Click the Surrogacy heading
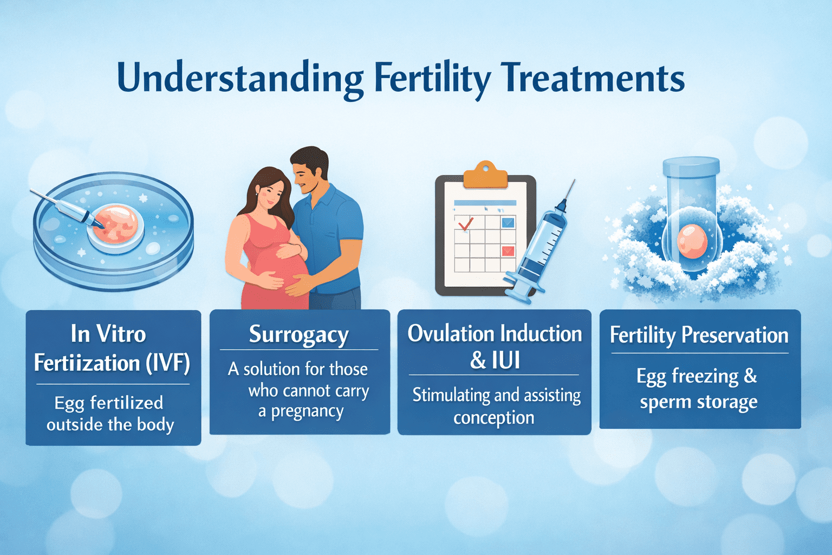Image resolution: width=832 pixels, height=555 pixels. (x=298, y=334)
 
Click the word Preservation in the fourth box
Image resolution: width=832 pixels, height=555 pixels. (x=734, y=335)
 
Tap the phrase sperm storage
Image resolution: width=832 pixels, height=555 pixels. (x=698, y=402)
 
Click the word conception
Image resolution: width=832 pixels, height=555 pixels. (x=494, y=418)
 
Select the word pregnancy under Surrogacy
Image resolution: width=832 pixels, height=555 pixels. (x=307, y=412)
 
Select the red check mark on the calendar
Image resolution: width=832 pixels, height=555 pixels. (x=465, y=223)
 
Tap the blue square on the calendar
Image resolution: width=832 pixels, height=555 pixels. (x=508, y=222)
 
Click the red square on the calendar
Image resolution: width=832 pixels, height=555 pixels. (x=508, y=250)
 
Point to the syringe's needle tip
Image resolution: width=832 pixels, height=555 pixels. (x=573, y=183)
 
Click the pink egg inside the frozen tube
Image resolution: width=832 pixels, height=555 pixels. (x=692, y=241)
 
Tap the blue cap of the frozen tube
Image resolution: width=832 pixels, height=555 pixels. (x=691, y=166)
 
